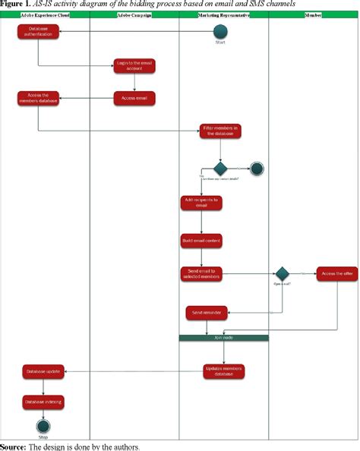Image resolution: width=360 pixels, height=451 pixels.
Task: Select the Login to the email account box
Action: [x=134, y=66]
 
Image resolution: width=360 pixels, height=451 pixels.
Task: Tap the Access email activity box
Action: [x=134, y=97]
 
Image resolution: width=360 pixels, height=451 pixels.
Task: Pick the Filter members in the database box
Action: [x=220, y=131]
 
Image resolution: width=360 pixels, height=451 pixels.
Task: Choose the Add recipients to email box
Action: [x=201, y=203]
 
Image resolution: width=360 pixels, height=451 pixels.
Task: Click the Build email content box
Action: [x=201, y=241]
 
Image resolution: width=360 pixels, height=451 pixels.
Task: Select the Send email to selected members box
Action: [x=201, y=273]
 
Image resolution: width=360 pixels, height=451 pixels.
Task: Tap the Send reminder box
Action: [x=207, y=312]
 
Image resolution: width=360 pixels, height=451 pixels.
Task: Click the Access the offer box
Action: [x=337, y=273]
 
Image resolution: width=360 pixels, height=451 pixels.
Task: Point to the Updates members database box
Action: [x=223, y=371]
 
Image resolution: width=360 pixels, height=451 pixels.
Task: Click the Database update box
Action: [x=43, y=371]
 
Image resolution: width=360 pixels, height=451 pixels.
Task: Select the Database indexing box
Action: [x=43, y=402]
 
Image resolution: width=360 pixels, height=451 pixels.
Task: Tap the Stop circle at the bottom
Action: [x=43, y=427]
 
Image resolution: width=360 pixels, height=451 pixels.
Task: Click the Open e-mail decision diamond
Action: [x=282, y=273]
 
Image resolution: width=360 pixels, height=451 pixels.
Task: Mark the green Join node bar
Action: [x=223, y=337]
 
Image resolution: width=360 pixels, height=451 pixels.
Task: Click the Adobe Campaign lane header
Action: [x=134, y=14]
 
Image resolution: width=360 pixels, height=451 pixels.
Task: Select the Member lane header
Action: [x=313, y=14]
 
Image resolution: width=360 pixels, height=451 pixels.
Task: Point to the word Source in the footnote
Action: [x=13, y=446]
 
